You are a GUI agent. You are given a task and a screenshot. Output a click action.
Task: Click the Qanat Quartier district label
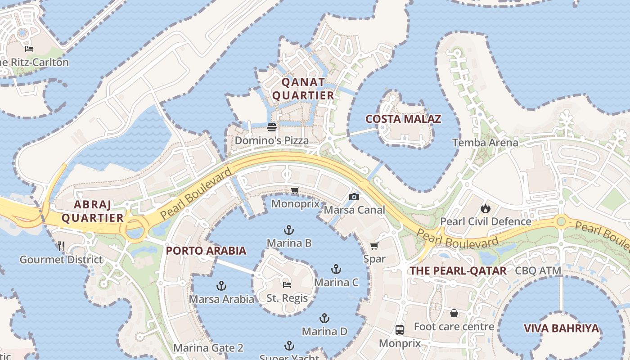[x=304, y=89]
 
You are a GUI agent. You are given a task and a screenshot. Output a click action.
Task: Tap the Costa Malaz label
[x=403, y=119]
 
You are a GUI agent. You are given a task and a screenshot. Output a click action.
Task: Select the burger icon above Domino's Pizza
[x=271, y=127]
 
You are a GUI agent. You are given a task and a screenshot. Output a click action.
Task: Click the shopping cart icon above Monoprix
[x=295, y=191]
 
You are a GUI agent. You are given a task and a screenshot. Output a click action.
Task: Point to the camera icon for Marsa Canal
[x=354, y=197]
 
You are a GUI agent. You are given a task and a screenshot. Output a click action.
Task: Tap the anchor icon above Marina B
[x=289, y=230]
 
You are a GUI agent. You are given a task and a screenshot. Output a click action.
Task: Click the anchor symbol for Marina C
[x=336, y=270]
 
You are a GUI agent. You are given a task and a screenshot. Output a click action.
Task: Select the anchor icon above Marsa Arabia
[x=221, y=286]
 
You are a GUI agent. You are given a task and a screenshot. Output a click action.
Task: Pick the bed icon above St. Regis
[x=287, y=284]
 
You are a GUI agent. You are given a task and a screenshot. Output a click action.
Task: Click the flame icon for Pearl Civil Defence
[x=485, y=208]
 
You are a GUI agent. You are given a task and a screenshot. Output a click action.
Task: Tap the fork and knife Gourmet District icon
[x=62, y=246]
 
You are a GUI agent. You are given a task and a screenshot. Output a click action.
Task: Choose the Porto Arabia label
[x=206, y=251]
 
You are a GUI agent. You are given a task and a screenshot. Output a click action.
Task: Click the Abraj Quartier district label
[x=92, y=211]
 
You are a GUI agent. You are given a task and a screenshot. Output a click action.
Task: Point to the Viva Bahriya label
[x=562, y=328]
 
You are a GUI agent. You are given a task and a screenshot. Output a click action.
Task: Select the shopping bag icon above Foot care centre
[x=454, y=313]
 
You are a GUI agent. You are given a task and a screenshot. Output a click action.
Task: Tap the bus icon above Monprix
[x=399, y=330]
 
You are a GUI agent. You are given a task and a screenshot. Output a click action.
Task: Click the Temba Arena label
[x=485, y=143]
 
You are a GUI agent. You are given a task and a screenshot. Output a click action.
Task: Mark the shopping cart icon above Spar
[x=374, y=246]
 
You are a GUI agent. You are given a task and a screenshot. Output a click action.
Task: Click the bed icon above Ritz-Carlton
[x=29, y=49]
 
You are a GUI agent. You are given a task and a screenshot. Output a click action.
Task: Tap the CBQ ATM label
[x=538, y=271]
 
